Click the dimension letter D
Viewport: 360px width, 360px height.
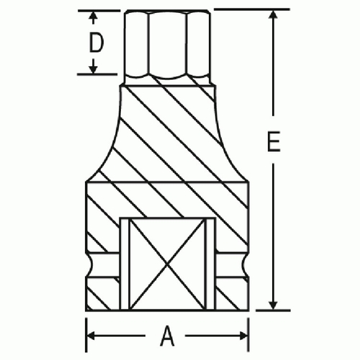[96, 42]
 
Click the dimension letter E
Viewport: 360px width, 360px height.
[274, 141]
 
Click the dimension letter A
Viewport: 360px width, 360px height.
[167, 336]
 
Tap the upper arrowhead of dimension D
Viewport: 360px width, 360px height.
[94, 16]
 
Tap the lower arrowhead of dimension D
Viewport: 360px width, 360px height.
[94, 69]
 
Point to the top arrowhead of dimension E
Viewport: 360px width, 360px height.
[273, 14]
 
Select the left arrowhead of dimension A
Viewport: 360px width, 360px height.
[91, 336]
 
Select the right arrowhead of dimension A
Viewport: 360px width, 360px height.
[243, 336]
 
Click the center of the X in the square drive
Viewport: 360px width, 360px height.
[167, 264]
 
